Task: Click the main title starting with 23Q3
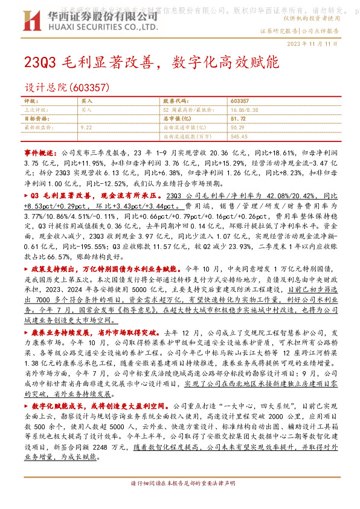coord(151,62)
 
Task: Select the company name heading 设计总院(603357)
coord(66,88)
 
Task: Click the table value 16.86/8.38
coord(245,110)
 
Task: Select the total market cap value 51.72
coord(238,119)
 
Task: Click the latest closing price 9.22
coord(86,128)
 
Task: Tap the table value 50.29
coord(237,128)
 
